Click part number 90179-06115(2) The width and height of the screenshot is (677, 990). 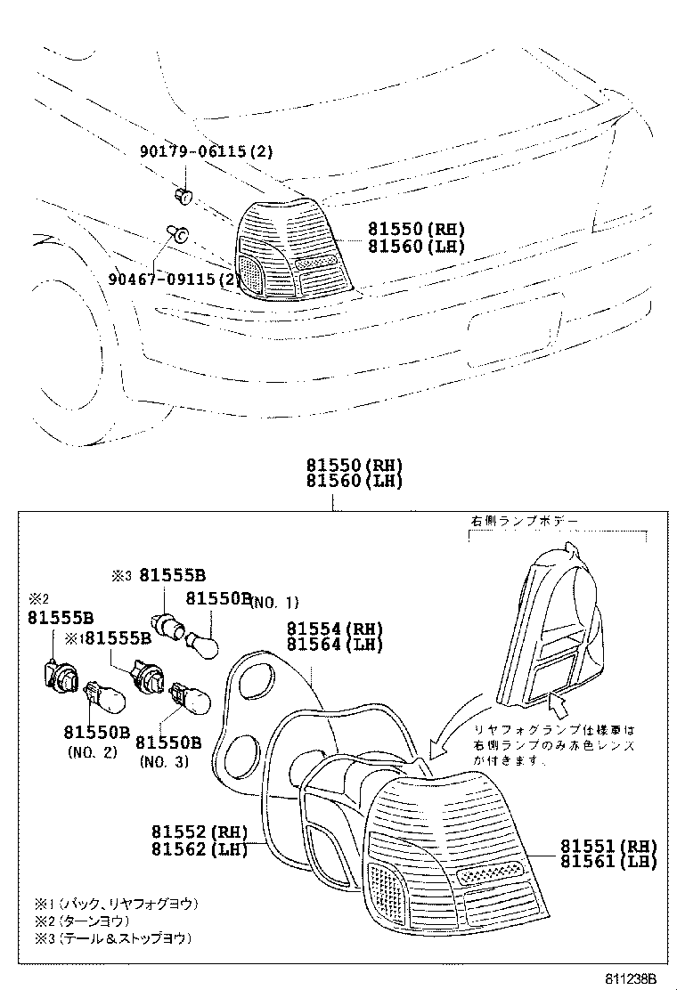point(205,152)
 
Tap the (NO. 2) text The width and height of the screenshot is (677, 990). point(93,752)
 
